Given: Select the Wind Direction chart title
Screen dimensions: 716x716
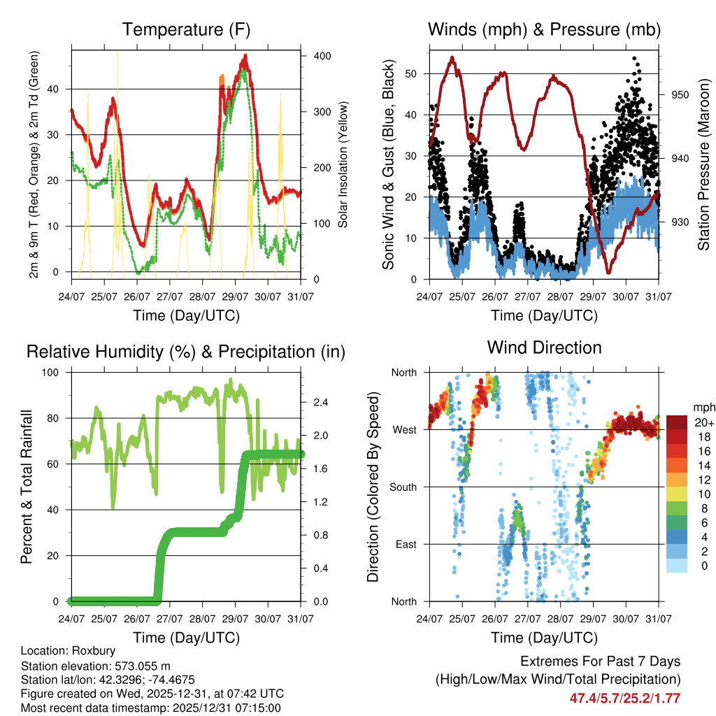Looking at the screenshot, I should coord(544,348).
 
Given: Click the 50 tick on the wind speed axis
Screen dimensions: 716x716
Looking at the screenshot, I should coord(413,73).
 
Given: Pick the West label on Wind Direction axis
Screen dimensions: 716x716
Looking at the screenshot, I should coord(404,429).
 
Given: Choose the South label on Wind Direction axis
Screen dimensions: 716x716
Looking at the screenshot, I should coord(403,487).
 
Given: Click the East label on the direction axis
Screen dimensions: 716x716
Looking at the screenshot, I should coord(405,544).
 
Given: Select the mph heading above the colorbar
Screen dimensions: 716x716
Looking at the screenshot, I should coord(703,407).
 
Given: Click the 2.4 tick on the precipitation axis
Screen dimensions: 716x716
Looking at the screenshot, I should coord(321,403).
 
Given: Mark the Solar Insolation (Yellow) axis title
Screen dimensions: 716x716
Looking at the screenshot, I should coord(343,164).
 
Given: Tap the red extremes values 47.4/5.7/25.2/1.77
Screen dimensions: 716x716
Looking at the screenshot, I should coord(624,698).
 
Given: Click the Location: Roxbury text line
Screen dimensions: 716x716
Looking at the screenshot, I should coord(68,651).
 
